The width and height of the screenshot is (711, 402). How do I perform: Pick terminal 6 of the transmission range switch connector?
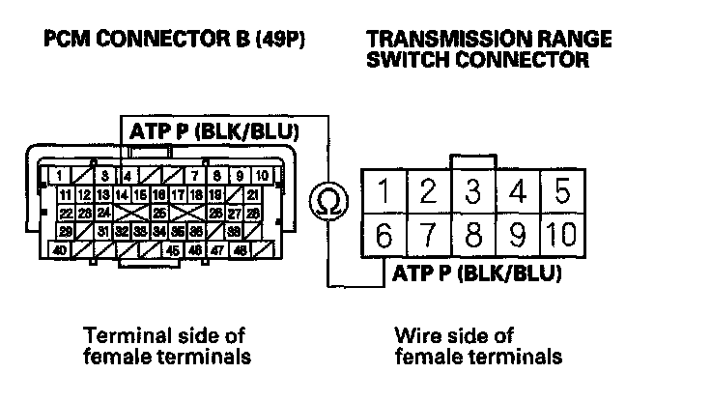[384, 235]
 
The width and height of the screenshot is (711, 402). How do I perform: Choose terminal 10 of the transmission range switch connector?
[560, 235]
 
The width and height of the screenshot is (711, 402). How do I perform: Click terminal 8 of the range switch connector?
[472, 235]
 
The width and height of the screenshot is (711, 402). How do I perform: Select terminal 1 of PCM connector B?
[60, 176]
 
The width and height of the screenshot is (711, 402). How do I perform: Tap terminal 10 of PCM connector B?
[261, 176]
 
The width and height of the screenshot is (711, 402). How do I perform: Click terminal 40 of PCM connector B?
[60, 249]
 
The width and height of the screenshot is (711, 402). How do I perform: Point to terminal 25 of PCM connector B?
[159, 213]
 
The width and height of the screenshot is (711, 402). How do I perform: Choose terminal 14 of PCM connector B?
[123, 194]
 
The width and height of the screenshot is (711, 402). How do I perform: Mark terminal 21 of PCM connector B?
[253, 194]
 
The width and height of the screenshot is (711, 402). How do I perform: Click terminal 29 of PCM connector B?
[66, 231]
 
